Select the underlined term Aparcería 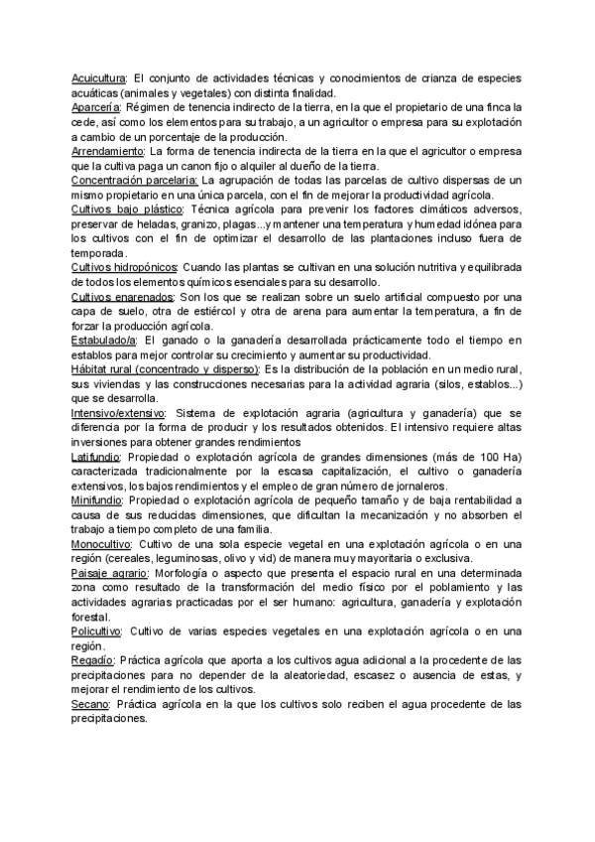(96, 106)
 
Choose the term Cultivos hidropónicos (124, 268)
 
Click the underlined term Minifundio (97, 500)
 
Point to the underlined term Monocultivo (103, 544)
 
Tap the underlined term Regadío (92, 660)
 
